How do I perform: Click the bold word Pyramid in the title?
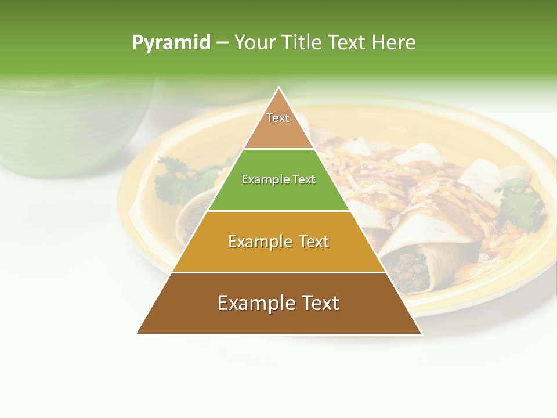pos(171,42)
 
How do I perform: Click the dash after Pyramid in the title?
pos(222,43)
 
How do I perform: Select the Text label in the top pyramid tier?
pos(278,118)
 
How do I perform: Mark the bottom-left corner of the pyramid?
pos(138,333)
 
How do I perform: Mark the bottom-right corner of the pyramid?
pos(421,333)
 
